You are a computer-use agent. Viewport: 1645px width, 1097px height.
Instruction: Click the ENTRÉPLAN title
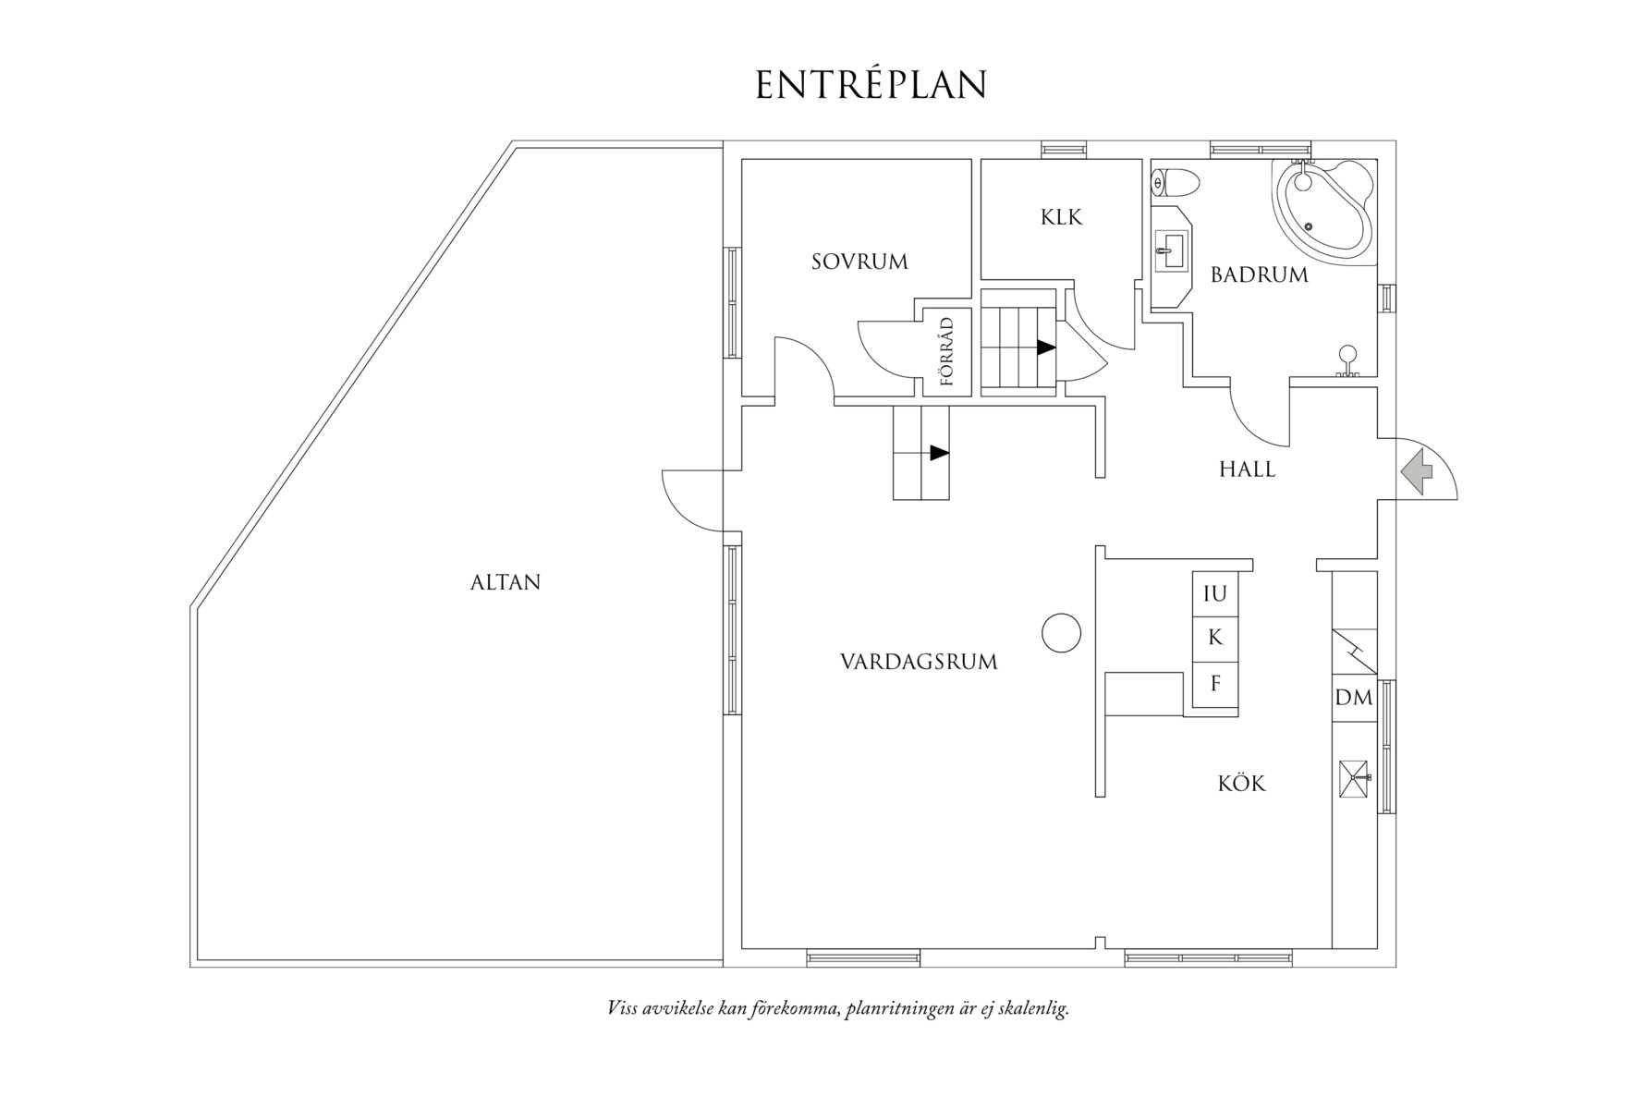(x=871, y=85)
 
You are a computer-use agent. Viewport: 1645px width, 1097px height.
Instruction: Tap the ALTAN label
(x=506, y=582)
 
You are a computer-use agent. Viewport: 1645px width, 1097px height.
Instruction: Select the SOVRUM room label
(x=859, y=262)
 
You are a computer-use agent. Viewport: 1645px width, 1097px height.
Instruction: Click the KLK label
(x=1061, y=217)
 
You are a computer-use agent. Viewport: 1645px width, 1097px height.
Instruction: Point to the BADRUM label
(x=1260, y=274)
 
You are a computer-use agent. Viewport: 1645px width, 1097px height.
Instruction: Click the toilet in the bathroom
(x=1176, y=183)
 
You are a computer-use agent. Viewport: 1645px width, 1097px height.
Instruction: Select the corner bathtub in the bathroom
(x=1322, y=208)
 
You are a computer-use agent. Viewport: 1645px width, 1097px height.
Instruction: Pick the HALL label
(x=1247, y=469)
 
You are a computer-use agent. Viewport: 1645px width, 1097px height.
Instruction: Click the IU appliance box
(x=1214, y=594)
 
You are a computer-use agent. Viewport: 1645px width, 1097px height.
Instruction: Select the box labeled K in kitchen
(x=1214, y=638)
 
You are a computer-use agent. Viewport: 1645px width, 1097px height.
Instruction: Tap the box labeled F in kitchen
(x=1214, y=685)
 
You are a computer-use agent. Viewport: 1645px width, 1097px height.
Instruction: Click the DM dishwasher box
(x=1354, y=698)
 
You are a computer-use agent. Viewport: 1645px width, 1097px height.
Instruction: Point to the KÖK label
(x=1241, y=784)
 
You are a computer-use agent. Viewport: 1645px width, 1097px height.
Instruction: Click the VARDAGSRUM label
(x=919, y=662)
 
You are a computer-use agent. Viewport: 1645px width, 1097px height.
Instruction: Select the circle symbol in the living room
(x=1061, y=633)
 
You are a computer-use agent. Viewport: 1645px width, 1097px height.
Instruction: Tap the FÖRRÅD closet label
(x=946, y=351)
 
